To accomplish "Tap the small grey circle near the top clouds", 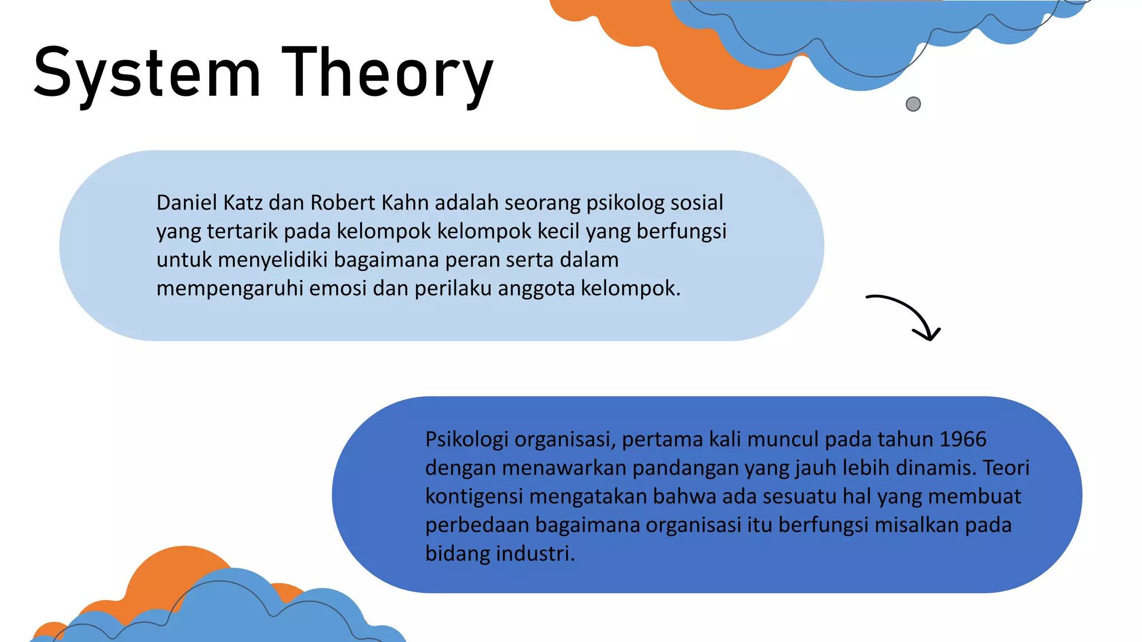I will coord(913,104).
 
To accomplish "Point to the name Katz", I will coord(243,202).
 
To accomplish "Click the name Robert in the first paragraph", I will coord(342,202).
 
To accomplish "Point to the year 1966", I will coord(963,439).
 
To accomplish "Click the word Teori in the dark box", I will coord(1006,468).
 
